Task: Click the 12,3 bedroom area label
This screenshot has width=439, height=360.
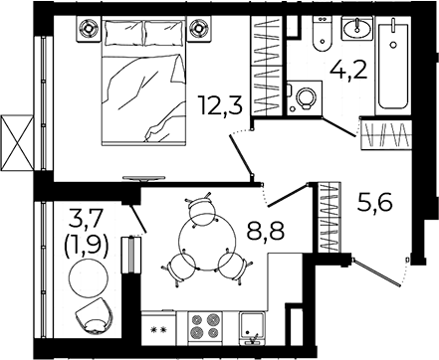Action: [x=219, y=104]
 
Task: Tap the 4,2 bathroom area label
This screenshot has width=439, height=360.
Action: [x=348, y=70]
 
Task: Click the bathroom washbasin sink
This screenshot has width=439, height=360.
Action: [x=356, y=27]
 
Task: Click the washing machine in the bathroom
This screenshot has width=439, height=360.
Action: [x=305, y=97]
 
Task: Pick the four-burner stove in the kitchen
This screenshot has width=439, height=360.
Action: [x=204, y=327]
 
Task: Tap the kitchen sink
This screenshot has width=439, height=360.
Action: [x=252, y=327]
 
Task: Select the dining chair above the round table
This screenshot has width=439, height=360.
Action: [x=200, y=206]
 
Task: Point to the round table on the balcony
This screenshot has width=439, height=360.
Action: [x=88, y=278]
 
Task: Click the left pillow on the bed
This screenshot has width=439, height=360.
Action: [x=124, y=33]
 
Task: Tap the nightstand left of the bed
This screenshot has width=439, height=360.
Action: [x=89, y=28]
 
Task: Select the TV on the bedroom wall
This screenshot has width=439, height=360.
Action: [x=143, y=178]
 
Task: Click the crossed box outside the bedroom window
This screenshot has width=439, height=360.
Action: [x=17, y=143]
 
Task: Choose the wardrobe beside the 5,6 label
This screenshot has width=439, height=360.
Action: [x=329, y=218]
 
